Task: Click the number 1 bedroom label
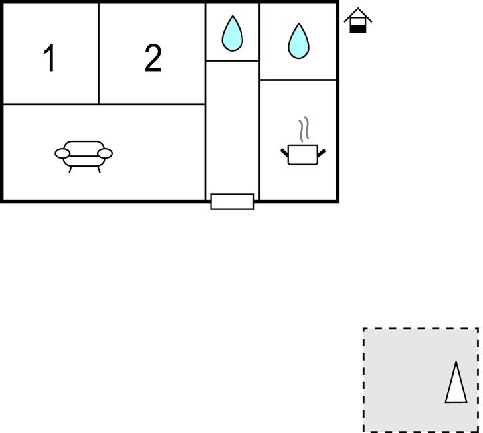[x=49, y=58]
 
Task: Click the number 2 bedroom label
[x=153, y=58]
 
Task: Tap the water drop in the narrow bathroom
[x=233, y=33]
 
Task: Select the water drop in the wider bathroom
[x=298, y=41]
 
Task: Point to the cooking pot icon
[x=303, y=154]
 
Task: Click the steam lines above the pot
[x=304, y=130]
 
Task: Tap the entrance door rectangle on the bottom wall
[x=233, y=202]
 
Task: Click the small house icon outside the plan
[x=358, y=20]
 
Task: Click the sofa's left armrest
[x=62, y=153]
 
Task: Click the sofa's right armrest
[x=105, y=153]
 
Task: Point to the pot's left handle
[x=284, y=153]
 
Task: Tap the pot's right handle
[x=322, y=153]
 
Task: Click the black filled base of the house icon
[x=358, y=29]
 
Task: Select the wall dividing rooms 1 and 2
[x=98, y=54]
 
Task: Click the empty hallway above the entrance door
[x=233, y=127]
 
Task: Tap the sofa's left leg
[x=70, y=169]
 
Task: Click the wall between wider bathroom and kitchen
[x=298, y=80]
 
